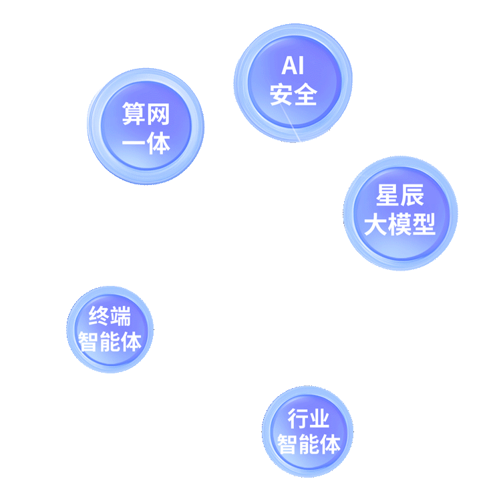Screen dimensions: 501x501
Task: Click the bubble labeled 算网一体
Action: pyautogui.click(x=146, y=127)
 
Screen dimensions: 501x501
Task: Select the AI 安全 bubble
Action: pyautogui.click(x=293, y=81)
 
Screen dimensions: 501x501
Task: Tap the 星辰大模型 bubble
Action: pyautogui.click(x=400, y=212)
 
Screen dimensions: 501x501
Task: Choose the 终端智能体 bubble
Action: pyautogui.click(x=110, y=329)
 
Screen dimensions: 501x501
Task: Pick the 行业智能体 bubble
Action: pyautogui.click(x=308, y=432)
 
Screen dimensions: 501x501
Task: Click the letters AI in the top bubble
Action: pyautogui.click(x=293, y=66)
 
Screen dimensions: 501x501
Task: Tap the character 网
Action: pyautogui.click(x=158, y=114)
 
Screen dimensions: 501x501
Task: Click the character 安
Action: pyautogui.click(x=281, y=94)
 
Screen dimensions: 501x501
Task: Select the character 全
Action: pyautogui.click(x=305, y=94)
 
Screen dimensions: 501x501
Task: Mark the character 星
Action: pyautogui.click(x=387, y=196)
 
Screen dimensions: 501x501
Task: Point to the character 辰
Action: pyautogui.click(x=412, y=196)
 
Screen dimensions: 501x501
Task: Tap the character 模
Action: pyautogui.click(x=399, y=225)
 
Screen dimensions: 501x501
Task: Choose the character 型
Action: pyautogui.click(x=424, y=225)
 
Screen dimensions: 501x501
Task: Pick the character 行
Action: pyautogui.click(x=297, y=419)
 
